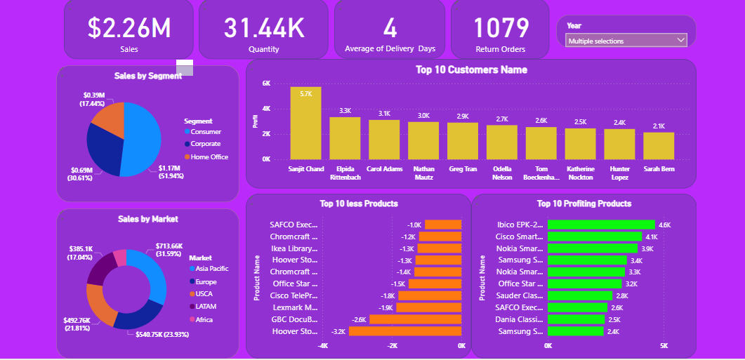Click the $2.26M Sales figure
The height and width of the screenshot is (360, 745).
(128, 28)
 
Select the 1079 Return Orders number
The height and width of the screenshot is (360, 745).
(501, 28)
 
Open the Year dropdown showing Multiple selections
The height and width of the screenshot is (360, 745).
(626, 41)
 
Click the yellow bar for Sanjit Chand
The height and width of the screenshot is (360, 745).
(305, 124)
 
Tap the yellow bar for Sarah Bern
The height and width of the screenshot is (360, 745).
(659, 145)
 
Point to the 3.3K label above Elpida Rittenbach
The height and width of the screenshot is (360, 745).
(345, 111)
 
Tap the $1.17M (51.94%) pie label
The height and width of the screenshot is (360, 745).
(171, 172)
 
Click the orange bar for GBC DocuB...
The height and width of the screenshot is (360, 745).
(415, 319)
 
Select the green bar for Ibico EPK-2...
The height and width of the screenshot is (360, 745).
(600, 225)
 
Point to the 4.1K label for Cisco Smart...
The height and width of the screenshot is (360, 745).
(651, 237)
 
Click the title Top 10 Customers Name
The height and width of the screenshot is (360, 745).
(471, 69)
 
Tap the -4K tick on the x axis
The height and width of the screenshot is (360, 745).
(323, 346)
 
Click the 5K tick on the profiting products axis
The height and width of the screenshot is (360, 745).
(664, 346)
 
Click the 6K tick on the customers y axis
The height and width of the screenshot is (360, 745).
(266, 83)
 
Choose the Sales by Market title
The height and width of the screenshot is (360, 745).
(147, 219)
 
